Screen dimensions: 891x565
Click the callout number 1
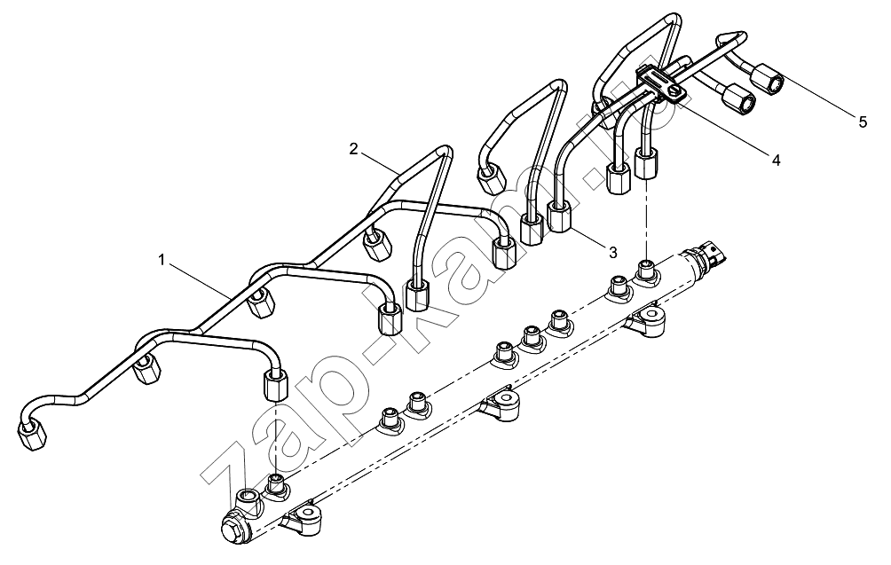coord(162,260)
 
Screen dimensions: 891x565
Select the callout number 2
coord(353,149)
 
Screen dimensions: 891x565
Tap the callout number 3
coord(612,252)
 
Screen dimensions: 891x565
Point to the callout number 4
coord(776,161)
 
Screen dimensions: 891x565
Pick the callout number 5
coord(863,122)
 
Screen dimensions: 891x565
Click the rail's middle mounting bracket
coord(499,404)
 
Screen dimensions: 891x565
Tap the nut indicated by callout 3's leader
coord(559,216)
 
